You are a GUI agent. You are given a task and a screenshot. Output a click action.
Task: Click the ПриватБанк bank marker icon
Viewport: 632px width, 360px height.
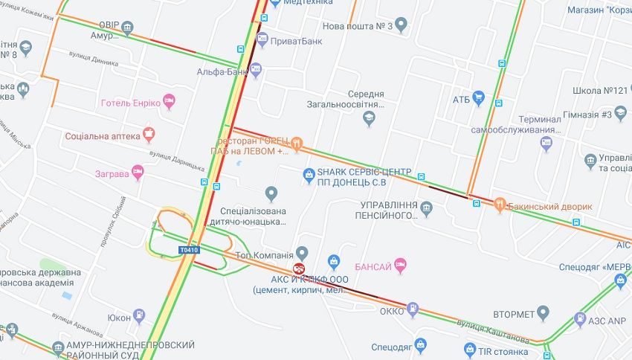(262, 40)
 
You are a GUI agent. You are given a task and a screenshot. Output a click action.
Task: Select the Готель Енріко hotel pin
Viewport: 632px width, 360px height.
(169, 102)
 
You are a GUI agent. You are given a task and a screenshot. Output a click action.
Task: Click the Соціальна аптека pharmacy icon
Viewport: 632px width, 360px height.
(149, 135)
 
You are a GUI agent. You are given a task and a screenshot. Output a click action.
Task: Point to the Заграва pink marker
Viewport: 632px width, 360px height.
(137, 173)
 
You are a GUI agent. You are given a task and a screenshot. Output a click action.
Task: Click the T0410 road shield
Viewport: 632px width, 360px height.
(189, 250)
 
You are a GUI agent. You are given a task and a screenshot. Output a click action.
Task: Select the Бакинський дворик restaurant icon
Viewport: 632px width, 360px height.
(500, 205)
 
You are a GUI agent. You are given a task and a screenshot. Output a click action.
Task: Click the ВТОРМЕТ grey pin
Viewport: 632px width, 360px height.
(543, 312)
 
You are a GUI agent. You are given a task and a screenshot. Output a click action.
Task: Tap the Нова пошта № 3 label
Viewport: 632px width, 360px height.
(358, 26)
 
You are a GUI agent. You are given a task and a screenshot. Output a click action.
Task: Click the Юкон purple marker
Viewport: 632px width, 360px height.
(138, 316)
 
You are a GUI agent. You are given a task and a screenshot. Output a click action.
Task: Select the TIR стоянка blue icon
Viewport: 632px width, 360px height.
(469, 348)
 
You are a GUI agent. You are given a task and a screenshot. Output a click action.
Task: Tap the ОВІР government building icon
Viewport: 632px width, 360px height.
(127, 29)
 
